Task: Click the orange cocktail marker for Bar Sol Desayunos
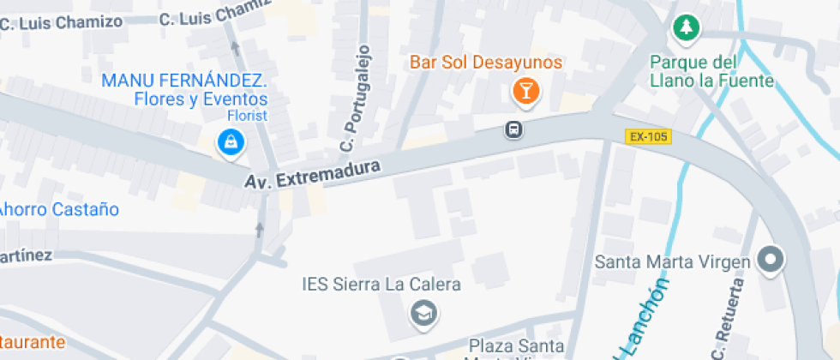525,91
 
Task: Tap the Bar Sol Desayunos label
485,63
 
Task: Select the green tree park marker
686,28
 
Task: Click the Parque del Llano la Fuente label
711,72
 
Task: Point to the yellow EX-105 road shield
648,136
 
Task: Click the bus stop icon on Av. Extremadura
513,130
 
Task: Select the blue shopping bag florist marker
231,142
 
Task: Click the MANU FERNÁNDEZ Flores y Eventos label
185,90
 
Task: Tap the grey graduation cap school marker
423,314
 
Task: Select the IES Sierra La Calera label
381,285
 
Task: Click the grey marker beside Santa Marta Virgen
771,261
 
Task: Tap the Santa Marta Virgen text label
673,261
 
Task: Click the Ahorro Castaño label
58,209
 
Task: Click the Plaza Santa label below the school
514,346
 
